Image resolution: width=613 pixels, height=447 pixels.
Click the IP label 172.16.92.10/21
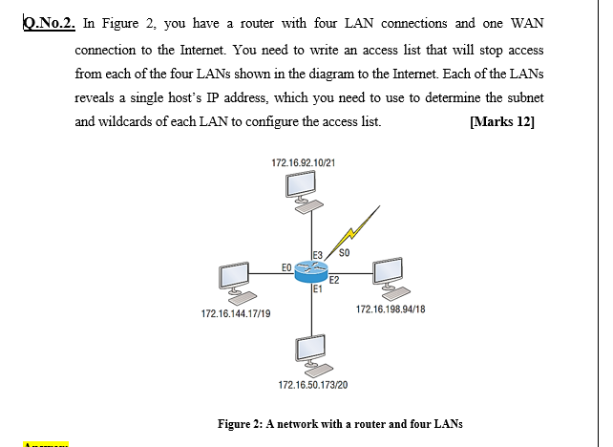pyautogui.click(x=303, y=164)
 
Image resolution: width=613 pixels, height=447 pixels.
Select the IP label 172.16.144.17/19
pyautogui.click(x=234, y=313)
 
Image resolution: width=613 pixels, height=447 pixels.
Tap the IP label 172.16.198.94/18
pyautogui.click(x=391, y=309)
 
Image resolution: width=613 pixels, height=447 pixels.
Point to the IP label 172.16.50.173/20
pyautogui.click(x=312, y=384)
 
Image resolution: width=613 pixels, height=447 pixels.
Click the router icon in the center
pyautogui.click(x=311, y=271)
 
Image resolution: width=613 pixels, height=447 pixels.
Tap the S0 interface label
pyautogui.click(x=346, y=253)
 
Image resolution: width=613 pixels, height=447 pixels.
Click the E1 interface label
pyautogui.click(x=315, y=289)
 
